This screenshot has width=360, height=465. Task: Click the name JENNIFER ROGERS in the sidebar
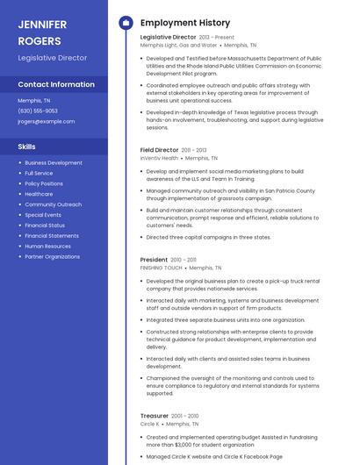coord(40,32)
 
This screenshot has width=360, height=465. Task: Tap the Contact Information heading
coord(56,85)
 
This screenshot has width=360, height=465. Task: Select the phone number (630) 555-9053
coord(38,111)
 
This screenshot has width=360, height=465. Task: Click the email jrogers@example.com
coord(47,121)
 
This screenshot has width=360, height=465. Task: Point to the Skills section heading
coord(27,147)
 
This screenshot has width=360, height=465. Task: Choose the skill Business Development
coord(54,162)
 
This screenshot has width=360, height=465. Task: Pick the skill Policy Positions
coord(44,183)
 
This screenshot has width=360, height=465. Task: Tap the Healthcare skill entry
coord(39,194)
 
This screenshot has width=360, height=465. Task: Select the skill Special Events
coord(43,215)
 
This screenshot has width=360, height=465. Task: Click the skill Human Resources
coord(47,247)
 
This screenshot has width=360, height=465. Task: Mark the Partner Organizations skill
coord(53,257)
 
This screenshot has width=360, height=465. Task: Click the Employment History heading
coord(185,23)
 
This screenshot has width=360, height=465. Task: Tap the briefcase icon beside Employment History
coord(125,23)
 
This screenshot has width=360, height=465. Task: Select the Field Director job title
coord(159,150)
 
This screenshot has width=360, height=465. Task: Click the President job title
coord(154,260)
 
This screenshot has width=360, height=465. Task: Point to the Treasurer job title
coord(155,415)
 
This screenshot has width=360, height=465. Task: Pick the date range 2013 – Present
coord(217,38)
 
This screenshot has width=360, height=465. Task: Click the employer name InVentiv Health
coord(159,158)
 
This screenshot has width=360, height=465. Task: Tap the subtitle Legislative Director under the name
coord(53,58)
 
